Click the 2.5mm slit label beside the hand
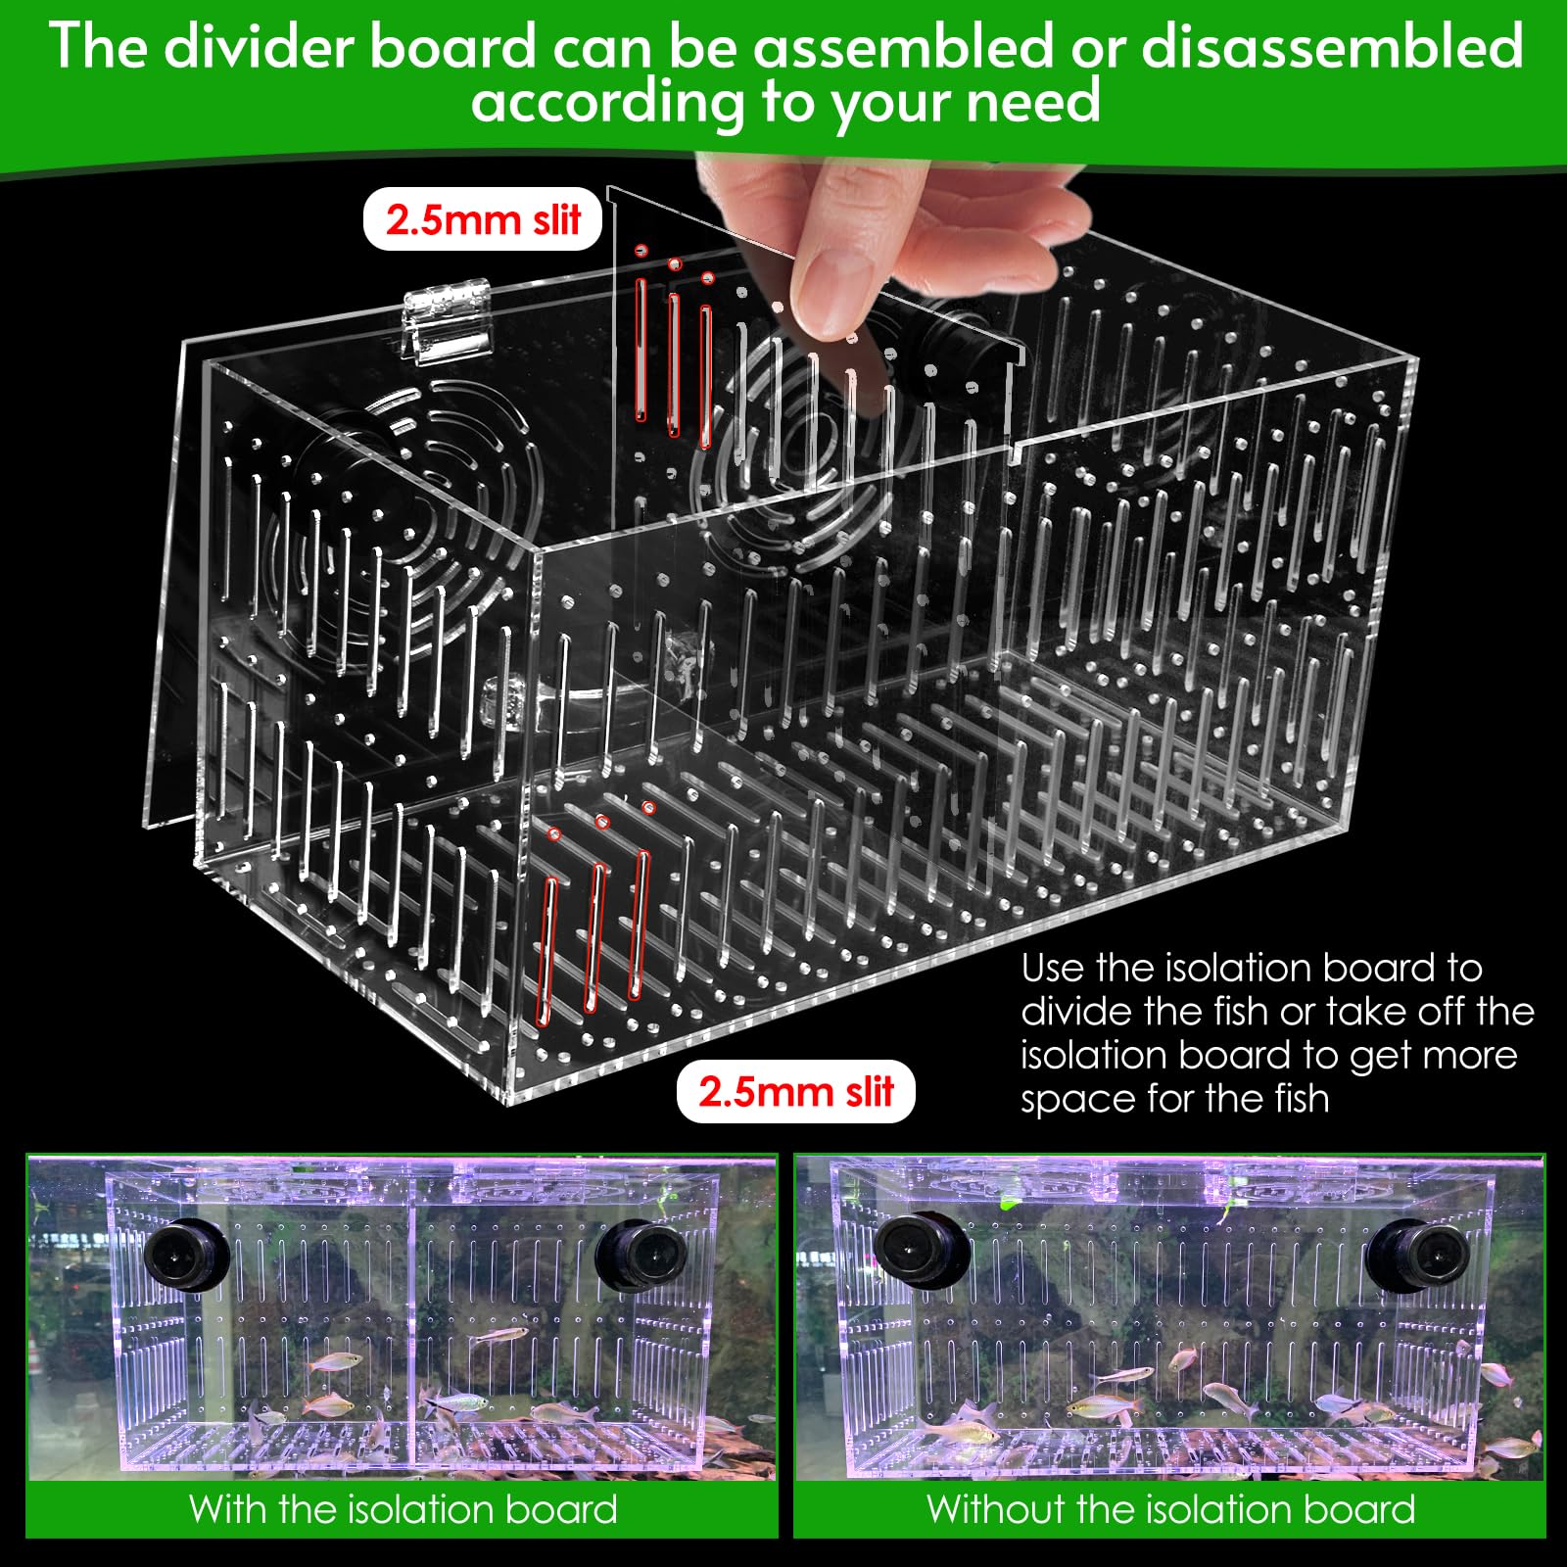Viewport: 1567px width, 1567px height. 482,219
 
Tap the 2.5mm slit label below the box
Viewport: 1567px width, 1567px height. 795,1091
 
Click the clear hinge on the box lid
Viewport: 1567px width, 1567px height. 447,319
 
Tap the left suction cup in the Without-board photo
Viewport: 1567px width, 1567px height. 921,1255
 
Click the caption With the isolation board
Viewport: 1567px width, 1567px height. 404,1509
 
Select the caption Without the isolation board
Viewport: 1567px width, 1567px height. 1171,1509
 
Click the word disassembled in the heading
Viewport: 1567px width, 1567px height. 1332,46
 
